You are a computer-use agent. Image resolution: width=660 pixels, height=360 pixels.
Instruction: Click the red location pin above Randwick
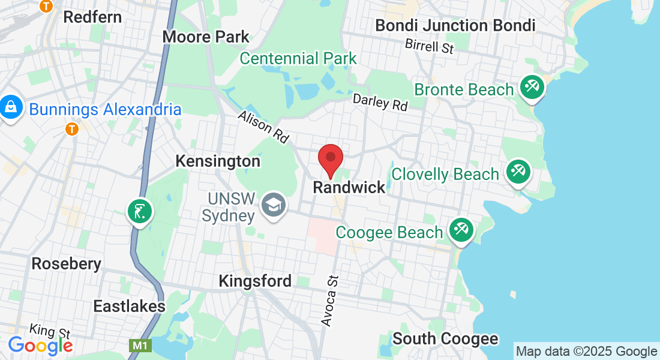coord(330,159)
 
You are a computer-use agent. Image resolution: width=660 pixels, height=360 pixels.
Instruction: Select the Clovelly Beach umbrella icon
coord(517,172)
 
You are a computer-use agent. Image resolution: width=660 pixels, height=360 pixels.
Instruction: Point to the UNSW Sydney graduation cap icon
coord(274,206)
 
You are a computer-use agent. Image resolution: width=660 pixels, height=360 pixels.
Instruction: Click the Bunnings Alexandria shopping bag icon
coord(11,108)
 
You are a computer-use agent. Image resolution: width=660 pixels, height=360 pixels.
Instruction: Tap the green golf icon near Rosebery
coord(139,212)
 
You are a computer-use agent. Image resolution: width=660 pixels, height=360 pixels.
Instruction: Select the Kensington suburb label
coord(218,161)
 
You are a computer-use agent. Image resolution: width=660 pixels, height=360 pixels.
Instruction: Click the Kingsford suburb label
coord(255,281)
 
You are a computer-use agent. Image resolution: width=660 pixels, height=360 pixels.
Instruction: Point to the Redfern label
coord(92,17)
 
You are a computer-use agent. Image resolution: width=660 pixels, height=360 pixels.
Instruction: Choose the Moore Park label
coord(206,37)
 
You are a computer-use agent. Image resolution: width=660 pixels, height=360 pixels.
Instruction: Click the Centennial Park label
coord(298,59)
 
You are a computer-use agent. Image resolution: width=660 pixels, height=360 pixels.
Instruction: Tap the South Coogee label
coord(445,339)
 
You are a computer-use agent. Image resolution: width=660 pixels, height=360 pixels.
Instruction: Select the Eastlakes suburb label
coord(129,306)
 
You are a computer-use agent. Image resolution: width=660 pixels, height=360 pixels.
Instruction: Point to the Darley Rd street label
coord(380,102)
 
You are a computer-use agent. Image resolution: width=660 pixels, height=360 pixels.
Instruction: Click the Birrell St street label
coord(429,46)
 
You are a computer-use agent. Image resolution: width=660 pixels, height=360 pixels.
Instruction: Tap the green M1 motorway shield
coord(139,346)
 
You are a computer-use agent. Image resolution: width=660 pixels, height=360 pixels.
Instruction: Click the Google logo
coord(40,345)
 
